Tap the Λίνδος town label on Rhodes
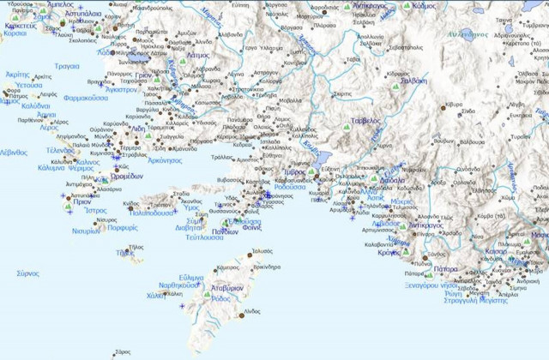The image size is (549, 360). (251, 309)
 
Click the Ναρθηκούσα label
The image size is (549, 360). (180, 285)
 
